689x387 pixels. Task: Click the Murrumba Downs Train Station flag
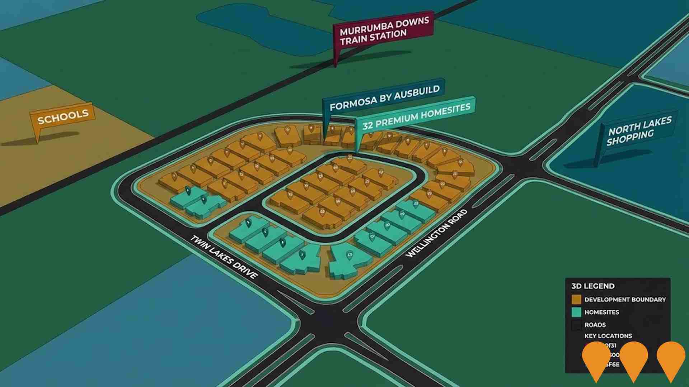click(383, 31)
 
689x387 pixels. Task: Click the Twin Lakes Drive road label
click(224, 257)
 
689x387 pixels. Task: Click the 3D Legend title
click(592, 286)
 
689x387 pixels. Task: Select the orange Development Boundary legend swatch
click(576, 300)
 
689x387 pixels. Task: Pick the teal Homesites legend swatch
click(576, 312)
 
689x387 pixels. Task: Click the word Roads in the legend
click(595, 325)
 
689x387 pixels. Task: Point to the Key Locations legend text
click(608, 336)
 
